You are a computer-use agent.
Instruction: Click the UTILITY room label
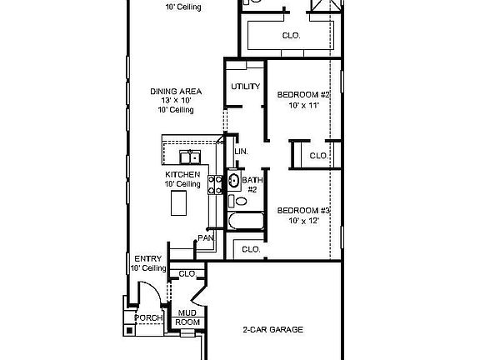[x=245, y=87]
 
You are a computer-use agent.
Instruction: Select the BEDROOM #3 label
[x=304, y=210]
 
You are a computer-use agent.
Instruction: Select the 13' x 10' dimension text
[x=177, y=101]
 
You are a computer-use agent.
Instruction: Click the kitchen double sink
[x=191, y=156]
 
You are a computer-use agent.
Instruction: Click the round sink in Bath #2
[x=234, y=180]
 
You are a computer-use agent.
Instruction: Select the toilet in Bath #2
[x=242, y=201]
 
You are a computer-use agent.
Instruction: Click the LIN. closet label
[x=242, y=152]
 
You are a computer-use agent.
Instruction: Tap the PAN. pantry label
[x=205, y=238]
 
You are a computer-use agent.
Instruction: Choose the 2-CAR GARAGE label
[x=273, y=330]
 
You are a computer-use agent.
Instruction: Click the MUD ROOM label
[x=187, y=317]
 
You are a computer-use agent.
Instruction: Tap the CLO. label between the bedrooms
[x=317, y=155]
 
